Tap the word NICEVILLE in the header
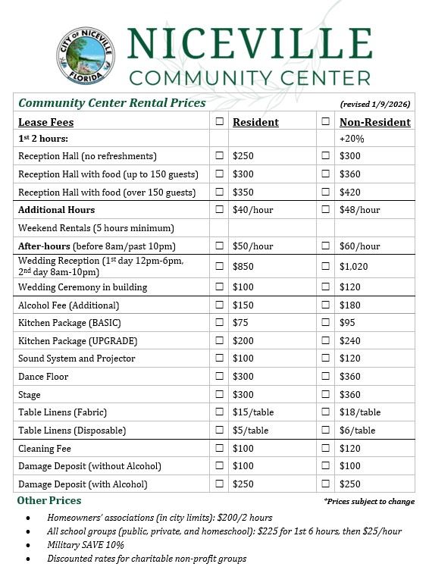point(249,44)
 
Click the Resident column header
point(255,122)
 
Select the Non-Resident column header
point(374,122)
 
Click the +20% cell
point(352,139)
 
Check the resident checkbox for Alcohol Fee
point(219,305)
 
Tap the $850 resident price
point(243,266)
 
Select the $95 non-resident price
point(349,323)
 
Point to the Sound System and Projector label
point(77,359)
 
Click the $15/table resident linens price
point(253,412)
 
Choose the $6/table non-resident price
point(357,431)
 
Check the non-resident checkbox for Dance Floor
point(325,377)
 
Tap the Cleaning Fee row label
point(45,449)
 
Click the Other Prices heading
point(49,501)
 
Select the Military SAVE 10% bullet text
point(86,545)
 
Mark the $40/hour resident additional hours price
point(252,210)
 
